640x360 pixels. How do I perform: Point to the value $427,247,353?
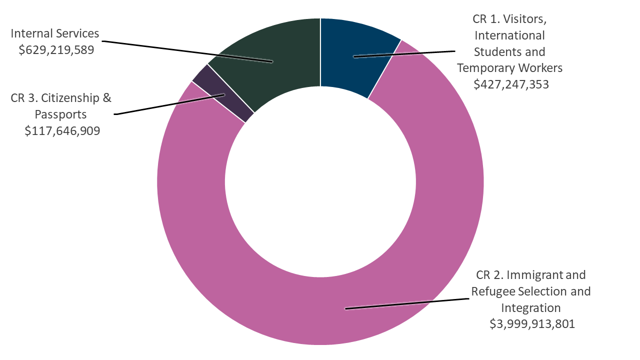[x=511, y=84]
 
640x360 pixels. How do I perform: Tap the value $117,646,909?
[x=62, y=130]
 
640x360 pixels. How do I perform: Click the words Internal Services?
[x=55, y=34]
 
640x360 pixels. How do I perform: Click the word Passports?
[x=60, y=114]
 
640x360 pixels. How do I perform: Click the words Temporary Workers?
[x=509, y=67]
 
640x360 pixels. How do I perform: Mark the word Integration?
[x=531, y=307]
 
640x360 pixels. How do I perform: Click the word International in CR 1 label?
[x=509, y=35]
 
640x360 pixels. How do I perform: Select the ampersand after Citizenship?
[x=106, y=98]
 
